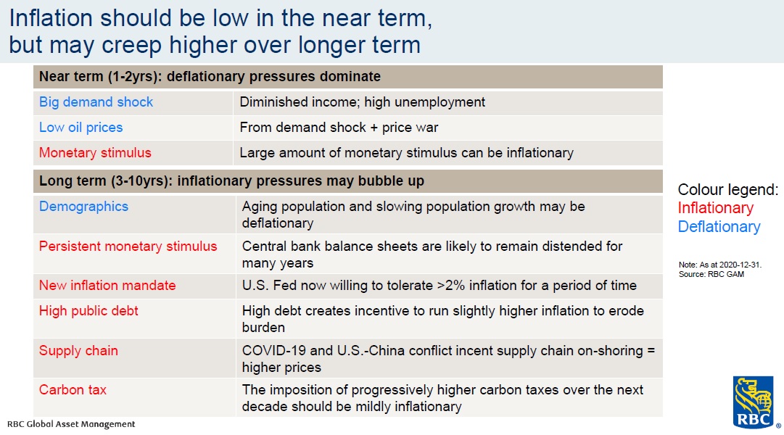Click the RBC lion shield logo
(753, 402)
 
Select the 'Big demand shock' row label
(96, 102)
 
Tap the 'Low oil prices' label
(81, 128)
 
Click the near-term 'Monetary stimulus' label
(95, 153)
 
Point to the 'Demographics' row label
(83, 207)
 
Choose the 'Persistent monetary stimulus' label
(128, 246)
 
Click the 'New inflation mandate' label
(107, 286)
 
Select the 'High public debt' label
(88, 311)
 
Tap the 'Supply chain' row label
(78, 351)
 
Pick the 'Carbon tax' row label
(73, 390)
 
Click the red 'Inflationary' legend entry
(716, 208)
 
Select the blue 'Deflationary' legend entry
(719, 227)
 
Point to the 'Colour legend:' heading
(728, 189)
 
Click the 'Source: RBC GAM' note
(711, 274)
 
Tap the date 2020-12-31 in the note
(739, 265)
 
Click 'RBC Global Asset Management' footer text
(71, 424)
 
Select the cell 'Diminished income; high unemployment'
(362, 102)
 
